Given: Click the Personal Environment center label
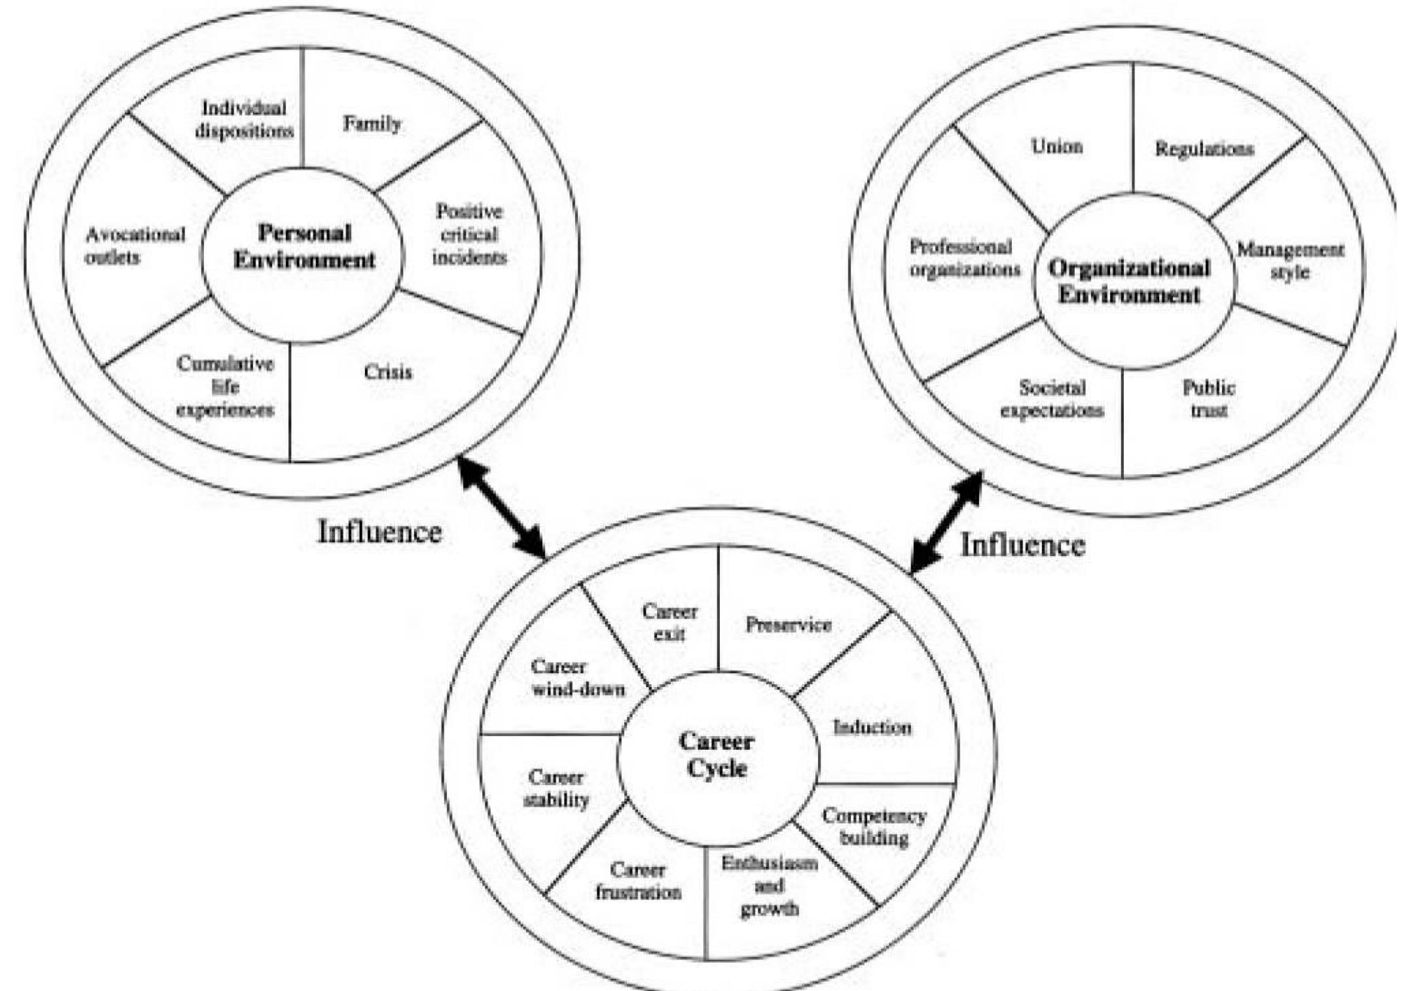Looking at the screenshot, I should [x=304, y=247].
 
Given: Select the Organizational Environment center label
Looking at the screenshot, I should [x=1129, y=281].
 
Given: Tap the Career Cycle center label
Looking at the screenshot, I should [x=717, y=755].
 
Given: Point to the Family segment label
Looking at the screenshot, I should [x=372, y=123].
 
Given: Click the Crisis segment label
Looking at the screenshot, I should [x=388, y=372].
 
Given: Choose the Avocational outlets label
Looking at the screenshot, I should [x=135, y=245].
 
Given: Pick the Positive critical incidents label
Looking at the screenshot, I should [x=469, y=234].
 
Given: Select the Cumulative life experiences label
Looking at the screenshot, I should [x=225, y=387].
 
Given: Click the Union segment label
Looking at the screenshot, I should [x=1057, y=146].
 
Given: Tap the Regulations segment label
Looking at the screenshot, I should [x=1204, y=149].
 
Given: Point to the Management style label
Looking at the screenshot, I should [x=1290, y=261].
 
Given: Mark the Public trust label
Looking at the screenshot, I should [x=1209, y=399].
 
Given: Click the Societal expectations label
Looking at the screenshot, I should [x=1051, y=399].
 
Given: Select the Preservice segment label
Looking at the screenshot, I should [x=788, y=624].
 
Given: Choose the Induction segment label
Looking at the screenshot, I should [x=872, y=727].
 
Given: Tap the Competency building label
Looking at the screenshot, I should [x=874, y=827].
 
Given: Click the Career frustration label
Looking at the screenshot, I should [x=638, y=880].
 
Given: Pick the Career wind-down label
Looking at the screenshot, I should [x=577, y=678].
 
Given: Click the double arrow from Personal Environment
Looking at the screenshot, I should [x=501, y=508].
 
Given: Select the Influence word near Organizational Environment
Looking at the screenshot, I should [x=1022, y=545].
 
